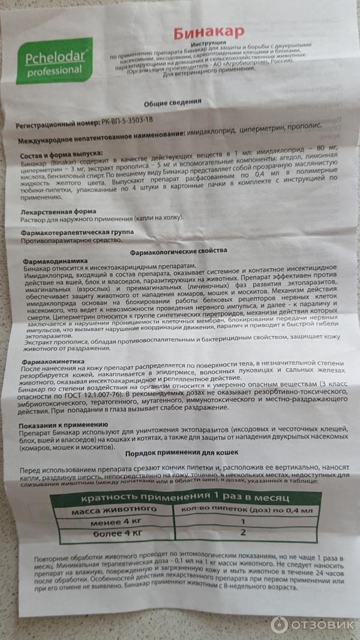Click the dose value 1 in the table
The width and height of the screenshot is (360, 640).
pyautogui.click(x=242, y=521)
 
